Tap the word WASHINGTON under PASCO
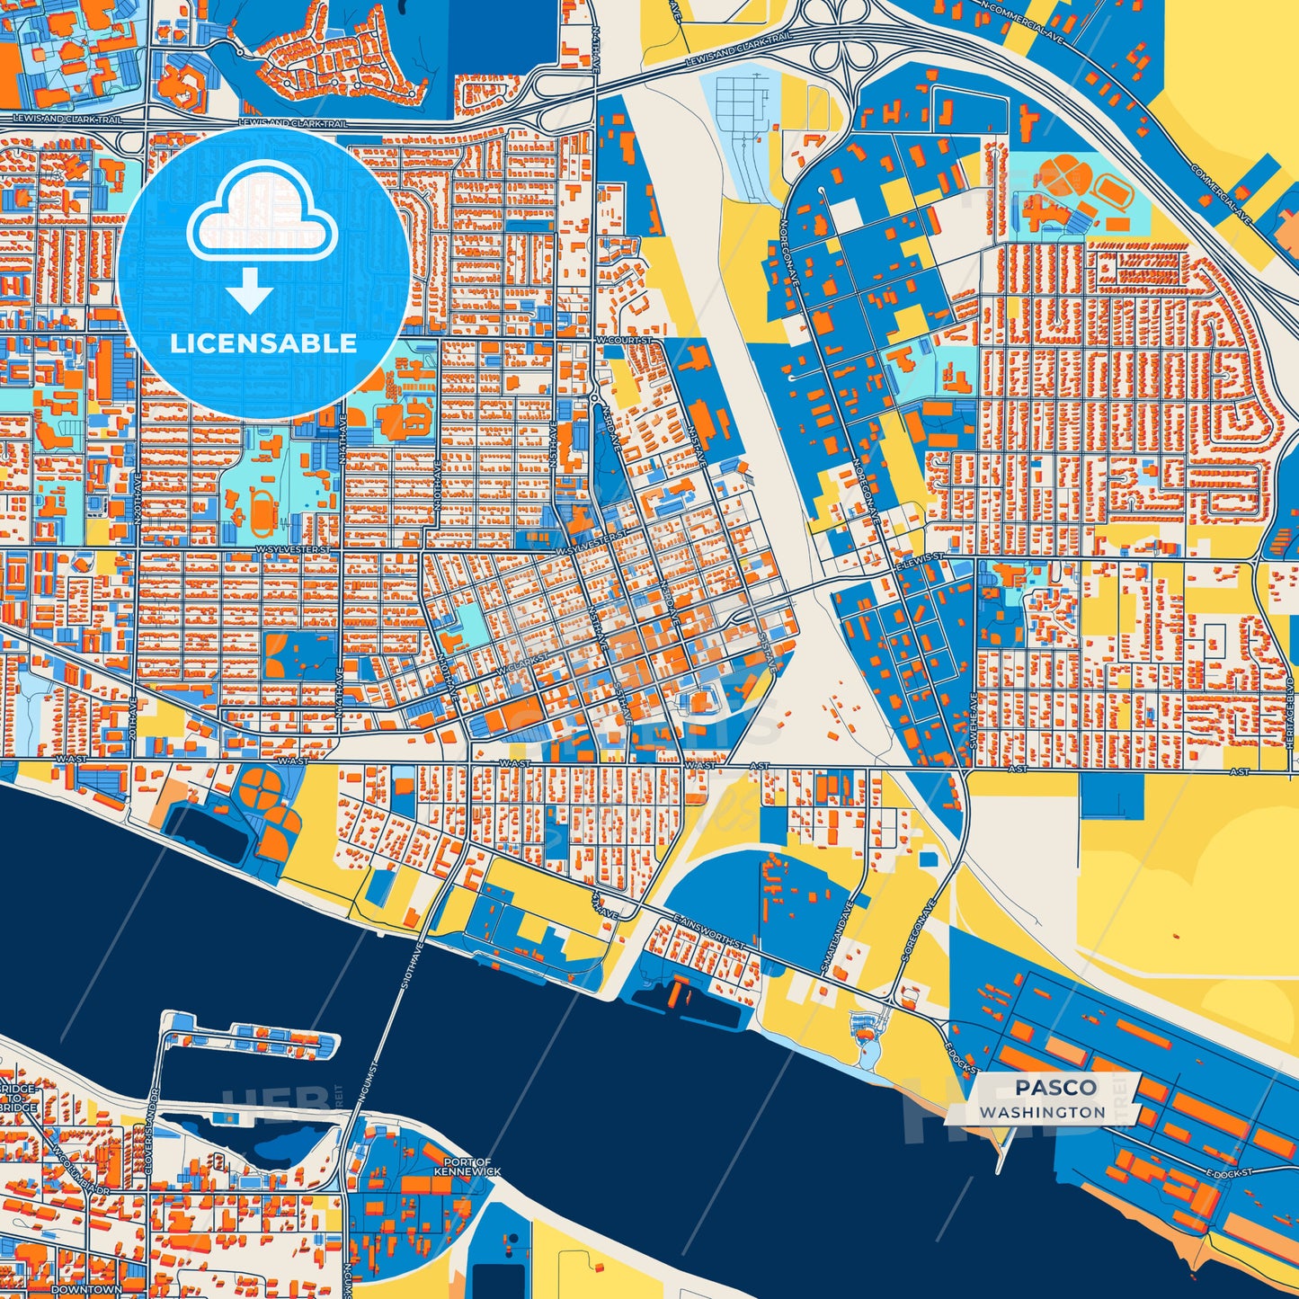(1043, 1112)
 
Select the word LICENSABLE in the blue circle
(263, 343)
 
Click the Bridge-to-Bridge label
(18, 1099)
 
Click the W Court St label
(616, 340)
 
